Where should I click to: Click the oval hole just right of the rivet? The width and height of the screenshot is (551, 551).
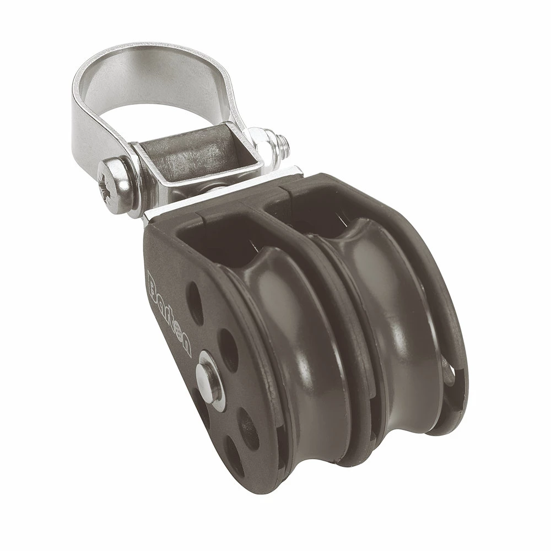click(229, 355)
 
